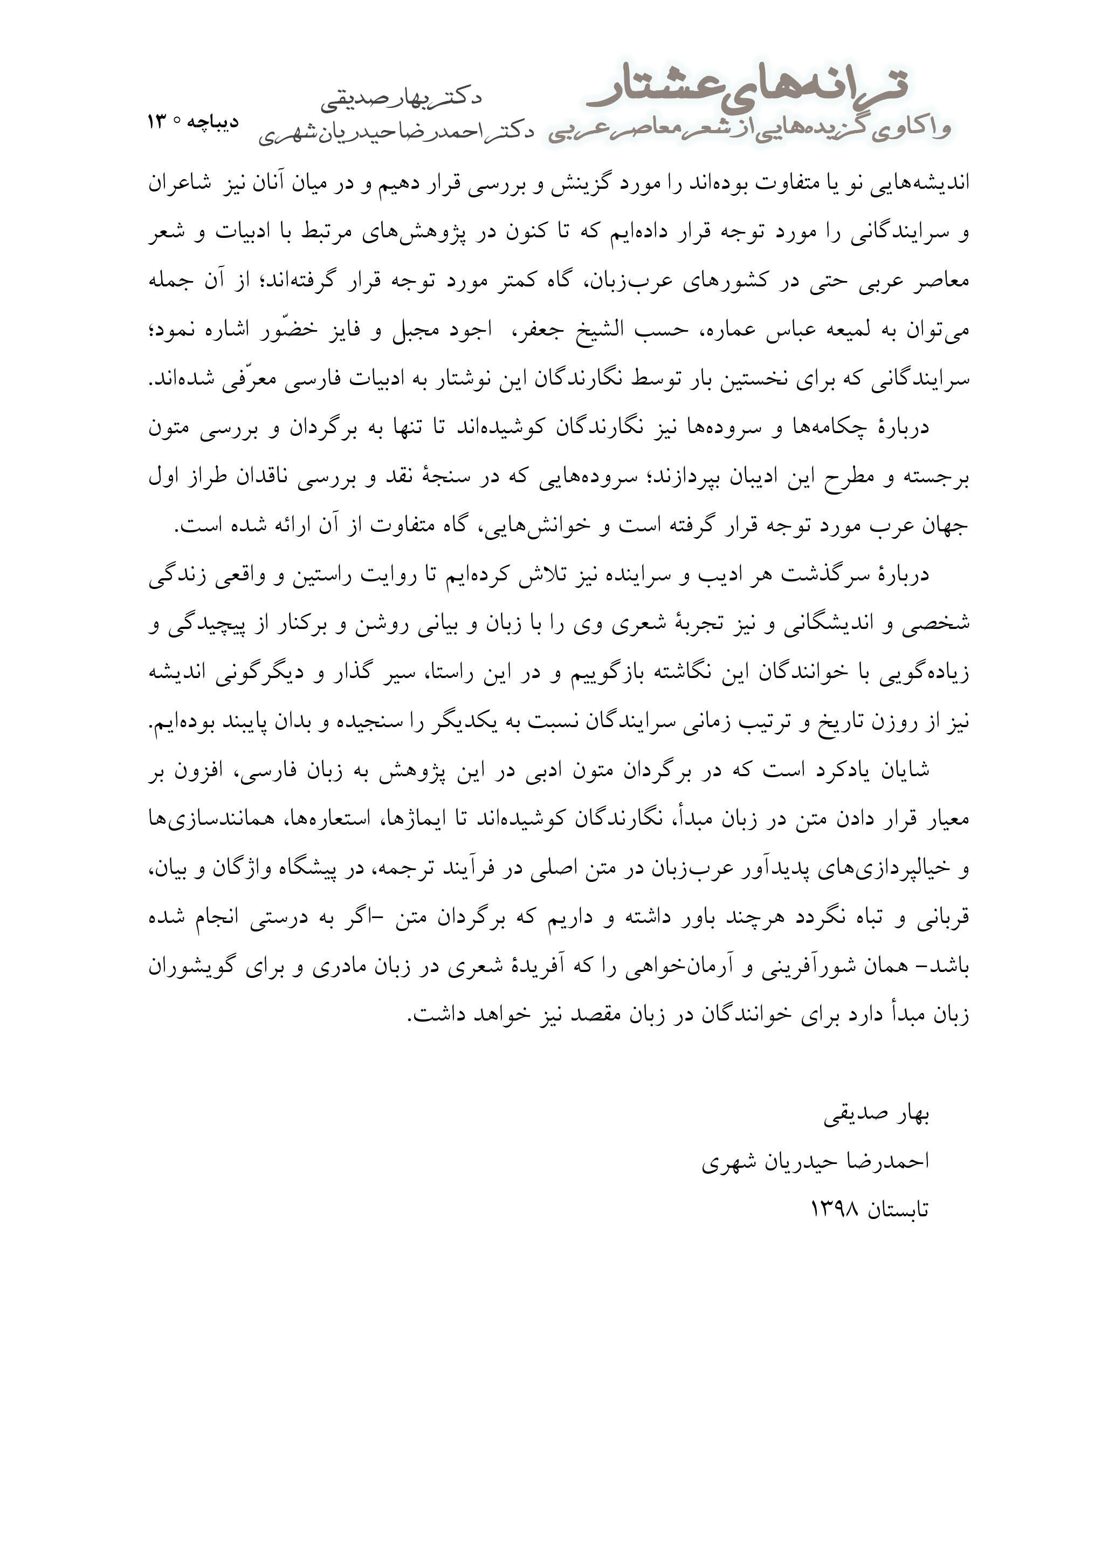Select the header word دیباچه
coord(213,122)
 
